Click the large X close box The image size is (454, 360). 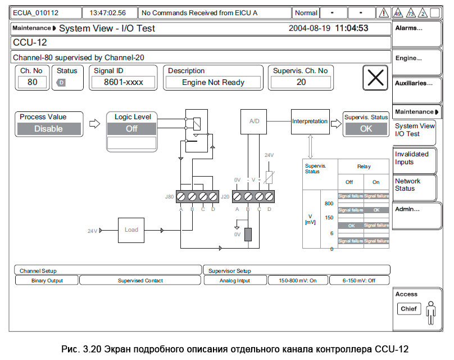tap(376, 78)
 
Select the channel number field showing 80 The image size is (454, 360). tap(32, 83)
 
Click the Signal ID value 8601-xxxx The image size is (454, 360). tap(124, 83)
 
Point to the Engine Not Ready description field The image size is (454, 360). tap(213, 83)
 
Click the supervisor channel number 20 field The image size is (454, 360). tap(301, 83)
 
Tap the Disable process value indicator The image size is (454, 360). tap(48, 129)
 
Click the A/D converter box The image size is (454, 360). tap(254, 121)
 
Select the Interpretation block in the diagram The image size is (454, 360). tap(310, 121)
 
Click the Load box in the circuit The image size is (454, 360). tap(131, 229)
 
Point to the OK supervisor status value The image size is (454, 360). tap(366, 129)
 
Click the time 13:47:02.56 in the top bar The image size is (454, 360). tap(108, 12)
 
